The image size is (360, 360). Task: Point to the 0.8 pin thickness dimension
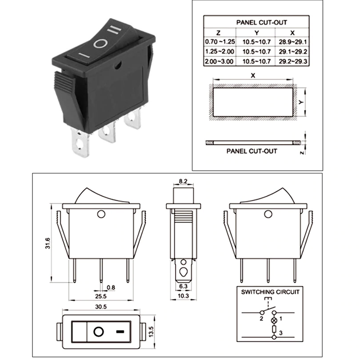[x=111, y=288]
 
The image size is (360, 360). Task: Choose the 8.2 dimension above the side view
[x=183, y=181]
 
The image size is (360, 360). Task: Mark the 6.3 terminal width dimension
[x=183, y=286]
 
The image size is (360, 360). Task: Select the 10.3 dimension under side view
[x=183, y=296]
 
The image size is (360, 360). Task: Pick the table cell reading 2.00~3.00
[x=218, y=61]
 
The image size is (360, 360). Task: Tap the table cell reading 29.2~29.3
[x=292, y=61]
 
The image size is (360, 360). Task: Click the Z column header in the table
[x=218, y=32]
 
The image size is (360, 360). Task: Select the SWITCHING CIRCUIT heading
[x=270, y=292]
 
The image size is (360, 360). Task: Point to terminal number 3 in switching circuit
[x=280, y=333]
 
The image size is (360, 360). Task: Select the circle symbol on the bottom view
[x=98, y=332]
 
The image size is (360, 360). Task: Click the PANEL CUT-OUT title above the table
[x=255, y=22]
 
